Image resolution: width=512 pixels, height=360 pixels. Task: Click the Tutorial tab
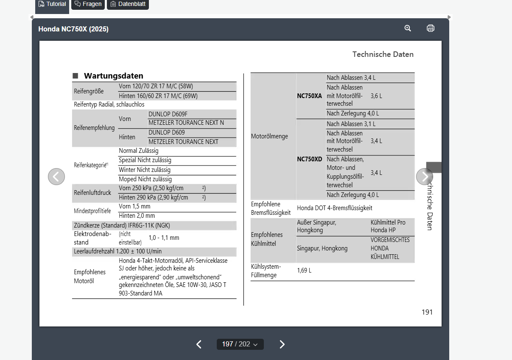(52, 5)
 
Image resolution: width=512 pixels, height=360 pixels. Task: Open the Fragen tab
(88, 4)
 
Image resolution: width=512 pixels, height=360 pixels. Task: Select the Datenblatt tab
(128, 4)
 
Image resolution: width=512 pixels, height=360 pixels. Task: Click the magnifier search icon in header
(408, 28)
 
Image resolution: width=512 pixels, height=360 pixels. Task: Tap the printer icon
(431, 28)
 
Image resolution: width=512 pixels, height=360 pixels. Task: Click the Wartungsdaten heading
(113, 76)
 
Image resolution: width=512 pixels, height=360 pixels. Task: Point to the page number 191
(427, 312)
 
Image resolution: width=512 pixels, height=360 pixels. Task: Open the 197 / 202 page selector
(240, 344)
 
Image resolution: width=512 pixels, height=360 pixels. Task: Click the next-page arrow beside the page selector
(282, 344)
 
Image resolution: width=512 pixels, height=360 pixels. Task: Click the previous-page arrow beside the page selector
(199, 344)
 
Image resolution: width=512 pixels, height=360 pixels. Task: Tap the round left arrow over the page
(56, 177)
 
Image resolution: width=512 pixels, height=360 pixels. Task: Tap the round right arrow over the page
(425, 177)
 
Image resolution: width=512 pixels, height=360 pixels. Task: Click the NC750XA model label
(309, 96)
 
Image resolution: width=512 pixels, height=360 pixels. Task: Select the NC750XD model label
(310, 159)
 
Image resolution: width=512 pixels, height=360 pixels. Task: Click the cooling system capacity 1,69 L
(304, 270)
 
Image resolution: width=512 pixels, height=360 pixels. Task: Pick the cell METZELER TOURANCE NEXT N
(186, 123)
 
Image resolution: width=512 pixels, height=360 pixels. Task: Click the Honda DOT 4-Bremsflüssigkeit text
(334, 208)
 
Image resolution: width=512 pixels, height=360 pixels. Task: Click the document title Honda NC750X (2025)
(73, 29)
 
